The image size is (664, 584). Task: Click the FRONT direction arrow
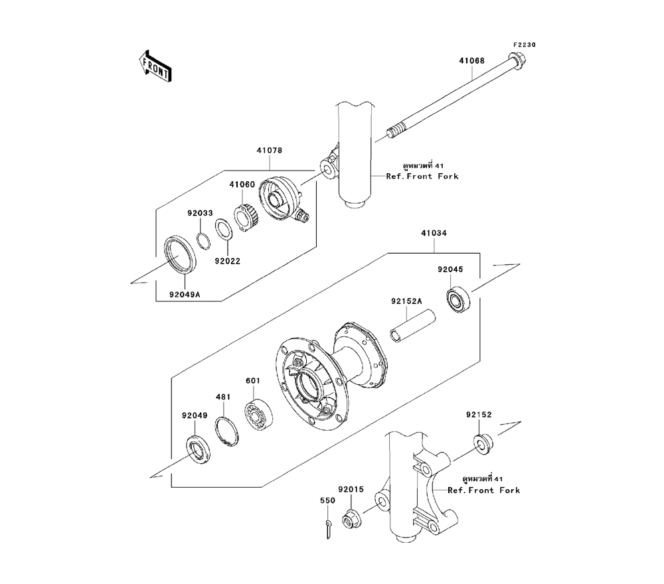(x=155, y=66)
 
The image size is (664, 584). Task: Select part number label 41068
(x=471, y=60)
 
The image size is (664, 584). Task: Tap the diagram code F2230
(x=524, y=45)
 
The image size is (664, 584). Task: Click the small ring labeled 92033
(x=203, y=238)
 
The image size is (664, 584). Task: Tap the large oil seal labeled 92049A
(x=181, y=256)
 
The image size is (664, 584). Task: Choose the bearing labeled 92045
(x=457, y=300)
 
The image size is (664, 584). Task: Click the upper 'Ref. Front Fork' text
(x=423, y=177)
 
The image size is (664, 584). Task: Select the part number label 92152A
(x=406, y=301)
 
